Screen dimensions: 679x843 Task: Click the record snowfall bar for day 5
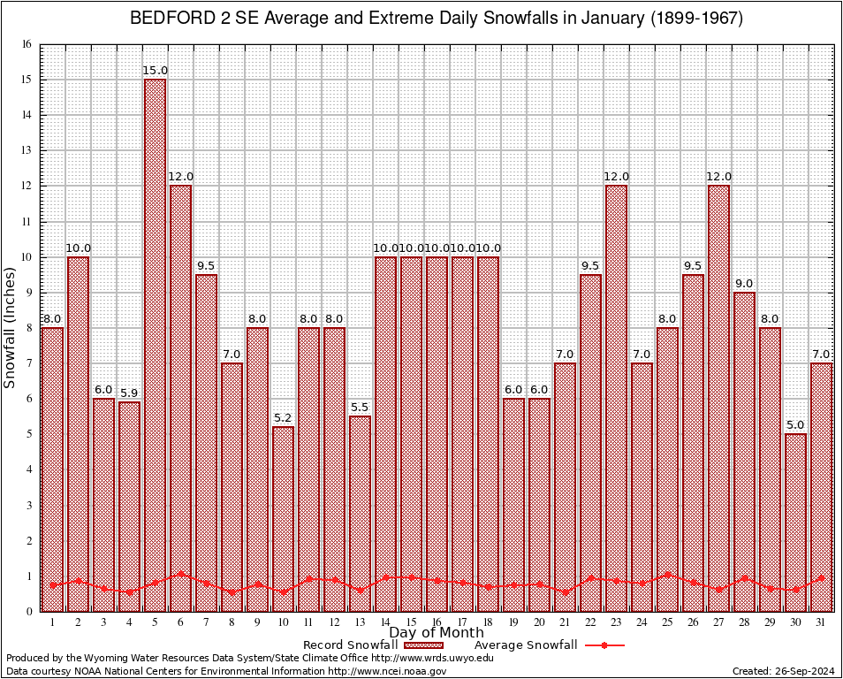tap(155, 345)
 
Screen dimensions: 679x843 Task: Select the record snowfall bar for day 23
tap(616, 398)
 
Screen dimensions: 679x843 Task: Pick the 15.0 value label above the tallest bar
tap(155, 71)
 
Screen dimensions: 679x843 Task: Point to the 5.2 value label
tap(283, 418)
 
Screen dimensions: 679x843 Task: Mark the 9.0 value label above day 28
tap(744, 284)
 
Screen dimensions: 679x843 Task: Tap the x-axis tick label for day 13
tap(360, 622)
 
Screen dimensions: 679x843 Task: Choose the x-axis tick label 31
tap(821, 622)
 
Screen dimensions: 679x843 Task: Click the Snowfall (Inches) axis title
tap(11, 327)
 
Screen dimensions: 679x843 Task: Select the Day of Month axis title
tap(436, 633)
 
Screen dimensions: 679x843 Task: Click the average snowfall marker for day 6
tap(180, 574)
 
